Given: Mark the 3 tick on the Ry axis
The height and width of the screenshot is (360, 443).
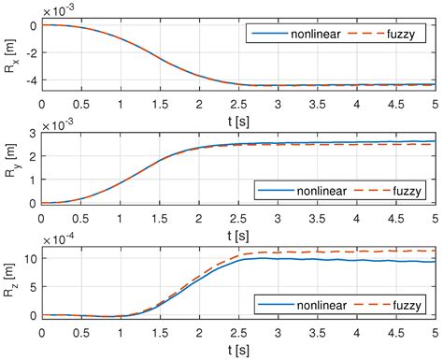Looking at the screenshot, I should pos(34,134).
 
